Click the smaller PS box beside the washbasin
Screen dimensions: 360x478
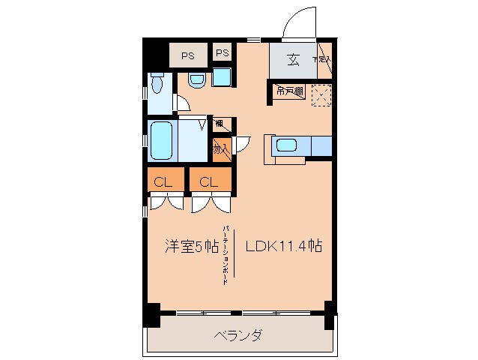222,53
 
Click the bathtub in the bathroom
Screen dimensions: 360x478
162,140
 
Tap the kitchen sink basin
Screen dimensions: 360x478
287,145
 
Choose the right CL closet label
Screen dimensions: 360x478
209,181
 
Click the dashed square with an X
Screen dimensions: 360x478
320,94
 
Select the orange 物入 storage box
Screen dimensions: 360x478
221,148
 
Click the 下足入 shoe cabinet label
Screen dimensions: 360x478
322,61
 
